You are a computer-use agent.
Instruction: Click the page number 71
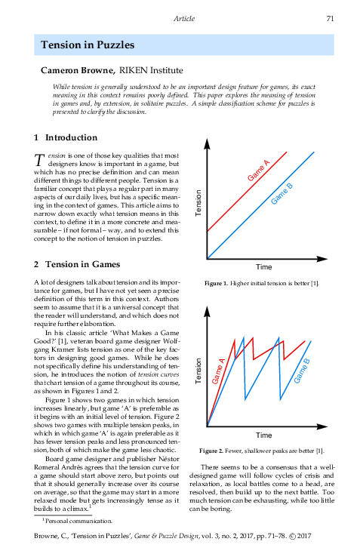(x=330, y=18)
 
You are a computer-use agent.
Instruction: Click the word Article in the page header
(x=184, y=18)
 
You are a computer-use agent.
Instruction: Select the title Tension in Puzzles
(x=88, y=45)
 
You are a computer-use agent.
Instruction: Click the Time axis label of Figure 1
(x=263, y=267)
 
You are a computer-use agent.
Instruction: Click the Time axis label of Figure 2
(x=263, y=435)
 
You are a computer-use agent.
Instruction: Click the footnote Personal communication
(x=79, y=521)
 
